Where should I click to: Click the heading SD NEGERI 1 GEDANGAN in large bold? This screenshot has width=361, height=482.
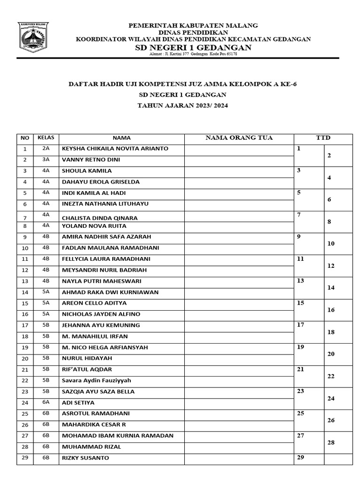[x=193, y=48]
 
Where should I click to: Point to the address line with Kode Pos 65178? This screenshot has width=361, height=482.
[x=193, y=54]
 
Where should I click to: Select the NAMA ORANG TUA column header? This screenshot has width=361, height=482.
[x=239, y=138]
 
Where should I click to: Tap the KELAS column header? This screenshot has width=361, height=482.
[x=46, y=138]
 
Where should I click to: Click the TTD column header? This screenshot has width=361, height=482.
[x=323, y=138]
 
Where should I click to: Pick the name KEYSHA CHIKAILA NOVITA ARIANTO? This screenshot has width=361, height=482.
[x=115, y=149]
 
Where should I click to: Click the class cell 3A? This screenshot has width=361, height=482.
[x=46, y=160]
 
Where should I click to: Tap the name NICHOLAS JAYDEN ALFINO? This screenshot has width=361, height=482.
[x=101, y=314]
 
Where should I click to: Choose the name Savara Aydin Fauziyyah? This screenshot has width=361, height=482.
[x=96, y=380]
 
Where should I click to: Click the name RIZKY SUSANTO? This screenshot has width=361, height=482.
[x=86, y=458]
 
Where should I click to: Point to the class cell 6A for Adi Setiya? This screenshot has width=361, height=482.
[x=46, y=402]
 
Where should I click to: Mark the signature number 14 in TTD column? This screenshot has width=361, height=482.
[x=331, y=287]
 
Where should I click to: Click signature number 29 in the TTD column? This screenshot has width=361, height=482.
[x=301, y=458]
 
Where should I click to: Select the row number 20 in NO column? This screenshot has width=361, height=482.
[x=25, y=359]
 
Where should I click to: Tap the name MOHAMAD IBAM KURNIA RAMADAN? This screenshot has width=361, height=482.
[x=118, y=436]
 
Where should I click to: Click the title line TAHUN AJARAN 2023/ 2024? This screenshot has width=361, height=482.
[x=182, y=105]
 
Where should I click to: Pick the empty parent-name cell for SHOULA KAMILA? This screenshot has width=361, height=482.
[x=239, y=171]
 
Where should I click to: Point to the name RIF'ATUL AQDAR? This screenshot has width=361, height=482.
[x=87, y=370]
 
